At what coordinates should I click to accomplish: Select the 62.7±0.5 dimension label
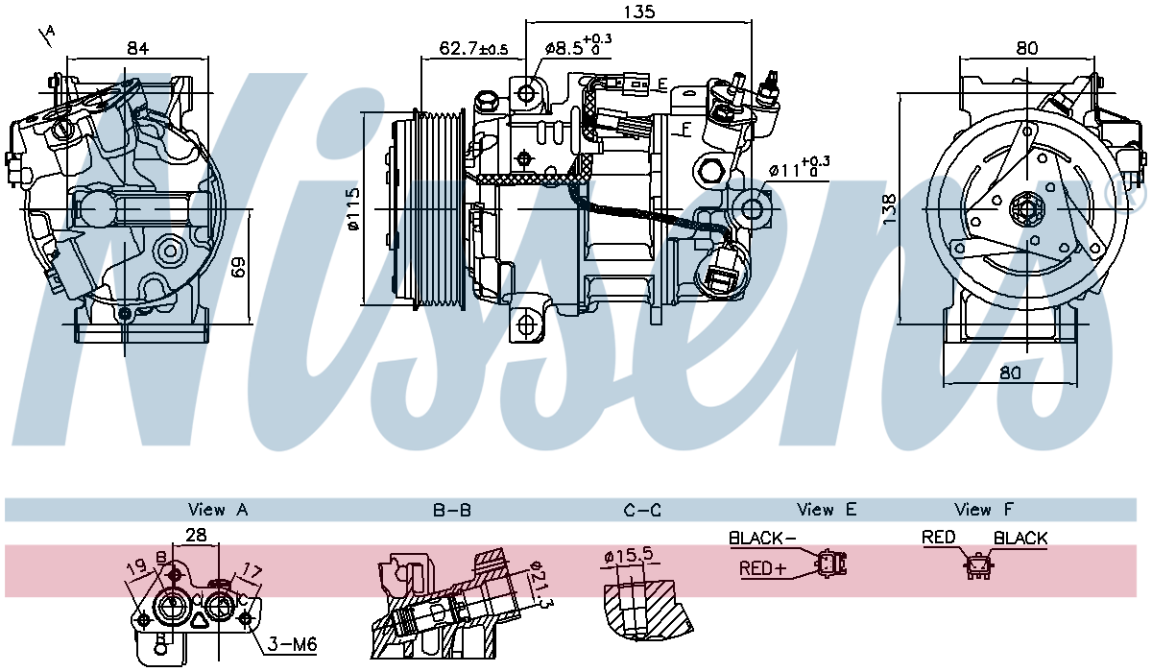point(473,48)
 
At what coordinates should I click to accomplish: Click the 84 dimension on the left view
point(137,48)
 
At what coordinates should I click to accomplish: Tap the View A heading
point(219,510)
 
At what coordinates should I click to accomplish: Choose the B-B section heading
point(451,510)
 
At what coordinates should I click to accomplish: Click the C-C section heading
point(641,510)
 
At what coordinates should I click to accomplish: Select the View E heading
point(826,510)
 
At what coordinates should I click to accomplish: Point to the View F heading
point(984,510)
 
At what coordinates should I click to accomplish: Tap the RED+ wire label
point(762,569)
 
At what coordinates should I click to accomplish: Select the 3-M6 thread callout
point(292,644)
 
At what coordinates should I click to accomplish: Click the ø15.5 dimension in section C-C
point(630,555)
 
